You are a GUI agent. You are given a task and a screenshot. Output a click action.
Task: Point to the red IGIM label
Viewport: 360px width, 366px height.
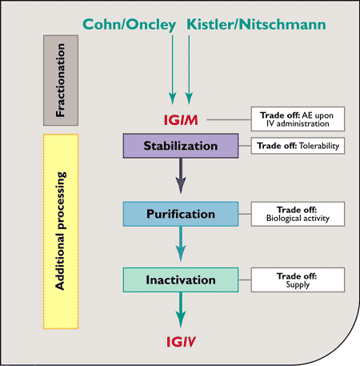tap(180, 119)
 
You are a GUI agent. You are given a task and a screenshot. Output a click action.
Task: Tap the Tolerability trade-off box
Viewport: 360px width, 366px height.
tap(298, 147)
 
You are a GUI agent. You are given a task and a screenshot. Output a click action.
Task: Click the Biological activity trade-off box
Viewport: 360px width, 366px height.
tap(298, 214)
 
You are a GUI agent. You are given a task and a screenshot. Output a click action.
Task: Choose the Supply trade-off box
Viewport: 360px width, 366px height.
tap(298, 280)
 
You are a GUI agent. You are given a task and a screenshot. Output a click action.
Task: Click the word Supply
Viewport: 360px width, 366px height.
tap(297, 286)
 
